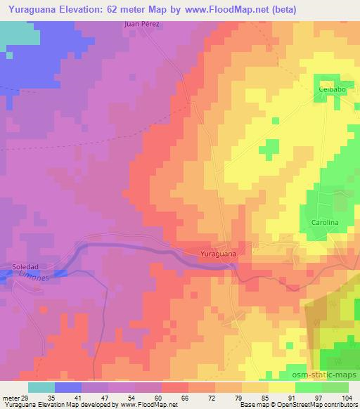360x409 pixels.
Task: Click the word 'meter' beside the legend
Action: [10, 398]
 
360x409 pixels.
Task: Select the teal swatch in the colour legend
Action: [41, 387]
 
